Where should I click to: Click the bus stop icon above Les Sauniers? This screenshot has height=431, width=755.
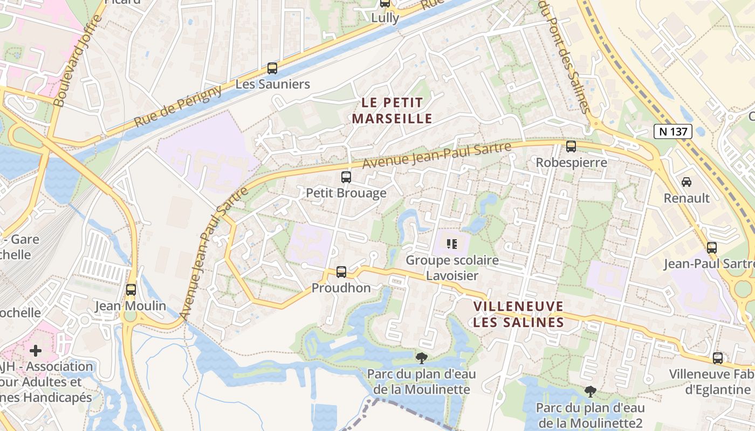coord(272,68)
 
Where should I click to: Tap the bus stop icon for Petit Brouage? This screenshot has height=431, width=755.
coord(346,177)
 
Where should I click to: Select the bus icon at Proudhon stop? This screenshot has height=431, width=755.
coord(341,272)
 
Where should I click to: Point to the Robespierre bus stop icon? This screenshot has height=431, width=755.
coord(571,146)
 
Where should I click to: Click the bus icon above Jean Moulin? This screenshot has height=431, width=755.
coord(131,290)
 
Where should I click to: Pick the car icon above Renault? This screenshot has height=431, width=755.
coord(687,182)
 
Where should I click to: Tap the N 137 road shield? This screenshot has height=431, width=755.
coord(673,131)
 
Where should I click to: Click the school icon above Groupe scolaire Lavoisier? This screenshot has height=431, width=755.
coord(452,244)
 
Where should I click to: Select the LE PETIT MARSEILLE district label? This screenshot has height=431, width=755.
coord(392,110)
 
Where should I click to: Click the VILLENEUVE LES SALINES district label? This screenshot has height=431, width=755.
coord(518,315)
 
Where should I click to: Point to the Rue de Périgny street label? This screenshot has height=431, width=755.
coord(178,106)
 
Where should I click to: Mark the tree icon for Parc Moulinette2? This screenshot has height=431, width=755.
coord(591,392)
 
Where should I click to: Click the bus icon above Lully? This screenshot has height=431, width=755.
coord(385,3)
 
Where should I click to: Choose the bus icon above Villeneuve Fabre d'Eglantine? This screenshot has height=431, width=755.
coord(718,358)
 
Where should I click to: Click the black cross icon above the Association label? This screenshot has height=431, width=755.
coord(36,351)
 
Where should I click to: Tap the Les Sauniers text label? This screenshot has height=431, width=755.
coord(273,85)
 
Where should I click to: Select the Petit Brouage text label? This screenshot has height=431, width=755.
coord(346,193)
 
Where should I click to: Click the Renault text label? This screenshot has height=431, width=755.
coord(687,198)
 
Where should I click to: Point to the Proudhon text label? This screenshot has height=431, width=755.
coord(341,288)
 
